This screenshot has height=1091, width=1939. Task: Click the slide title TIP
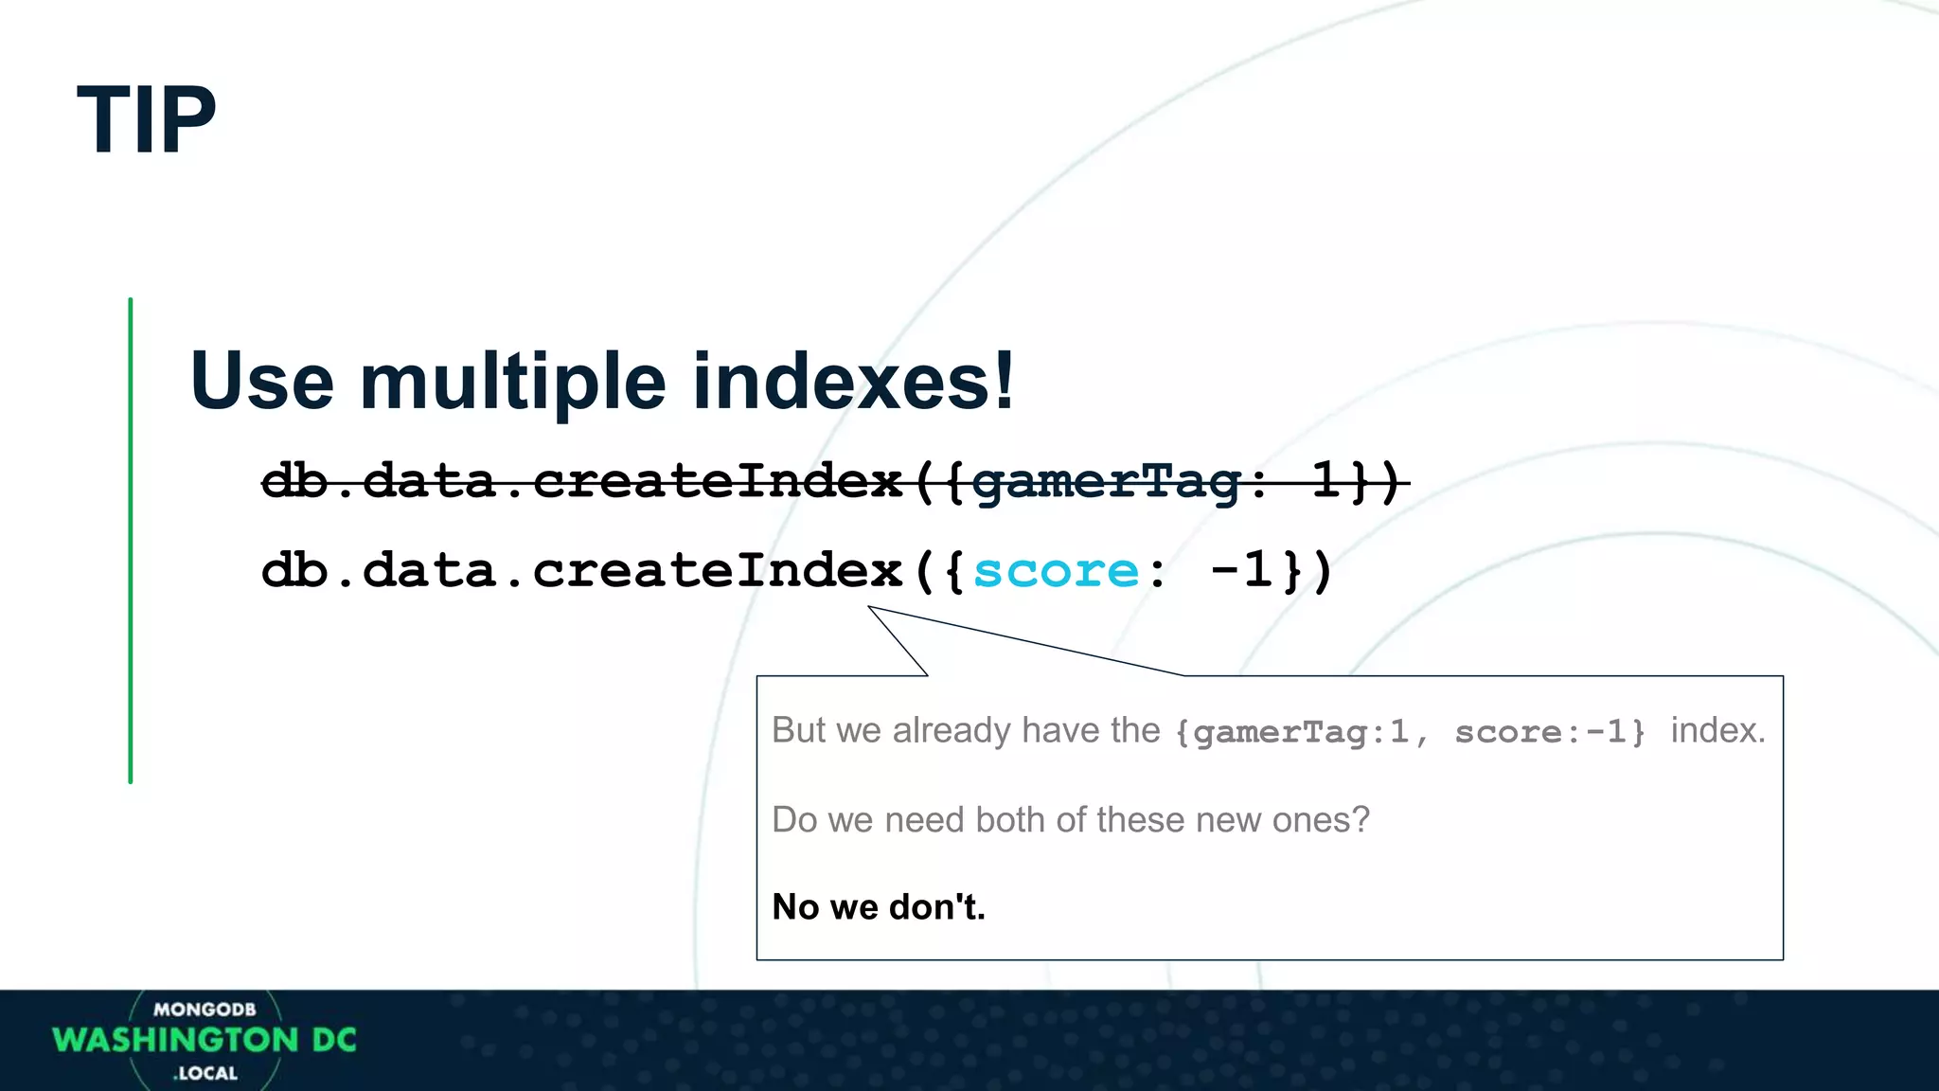click(x=147, y=120)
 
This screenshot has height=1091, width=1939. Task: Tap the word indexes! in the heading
click(x=854, y=381)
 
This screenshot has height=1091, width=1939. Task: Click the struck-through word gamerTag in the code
click(x=1105, y=481)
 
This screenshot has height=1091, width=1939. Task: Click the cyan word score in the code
click(x=1056, y=571)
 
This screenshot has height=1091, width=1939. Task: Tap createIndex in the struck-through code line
click(x=717, y=481)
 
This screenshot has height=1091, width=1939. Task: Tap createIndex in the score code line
click(x=717, y=571)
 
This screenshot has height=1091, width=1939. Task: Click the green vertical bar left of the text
click(x=131, y=540)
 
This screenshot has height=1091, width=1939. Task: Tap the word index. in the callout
click(x=1717, y=730)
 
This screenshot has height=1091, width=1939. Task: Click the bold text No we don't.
click(x=879, y=907)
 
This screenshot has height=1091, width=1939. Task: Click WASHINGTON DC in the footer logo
click(x=205, y=1040)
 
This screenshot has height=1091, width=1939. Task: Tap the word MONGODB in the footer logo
click(x=205, y=1010)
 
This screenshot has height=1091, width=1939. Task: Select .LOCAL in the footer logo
click(x=205, y=1074)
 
